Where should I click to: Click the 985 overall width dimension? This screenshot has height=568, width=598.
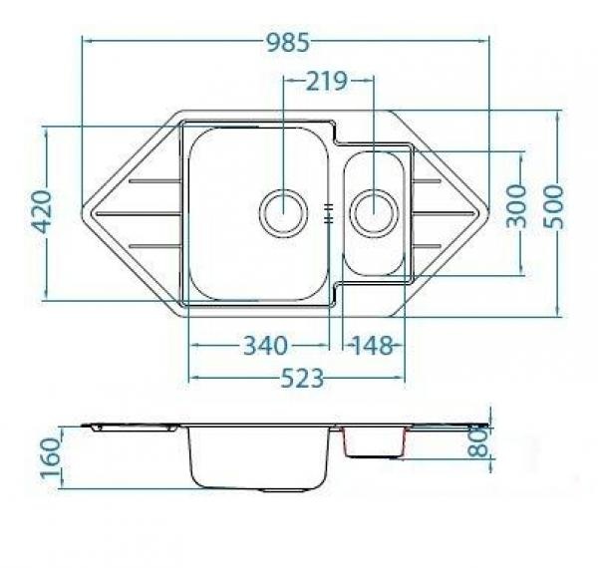(x=288, y=42)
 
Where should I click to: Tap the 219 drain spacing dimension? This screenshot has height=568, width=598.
(x=327, y=81)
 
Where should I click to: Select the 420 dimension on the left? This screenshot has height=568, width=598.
(x=41, y=211)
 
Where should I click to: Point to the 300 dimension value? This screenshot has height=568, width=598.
(x=516, y=206)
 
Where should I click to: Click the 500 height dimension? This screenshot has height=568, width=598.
(x=553, y=207)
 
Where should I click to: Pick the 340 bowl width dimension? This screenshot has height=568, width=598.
(x=265, y=346)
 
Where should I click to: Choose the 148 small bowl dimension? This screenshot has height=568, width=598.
(x=372, y=346)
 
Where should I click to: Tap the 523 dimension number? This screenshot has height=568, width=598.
(x=302, y=378)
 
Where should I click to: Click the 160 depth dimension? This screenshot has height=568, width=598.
(x=51, y=458)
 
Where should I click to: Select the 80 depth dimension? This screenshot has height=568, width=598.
(x=478, y=442)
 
